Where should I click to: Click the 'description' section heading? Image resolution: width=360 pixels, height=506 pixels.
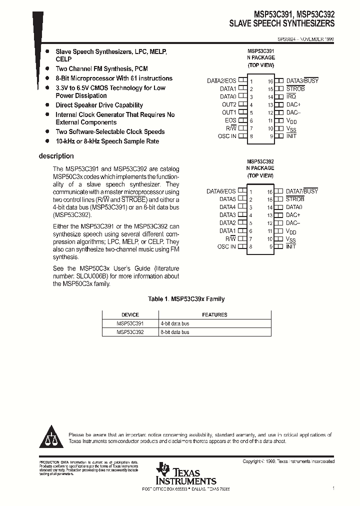56,156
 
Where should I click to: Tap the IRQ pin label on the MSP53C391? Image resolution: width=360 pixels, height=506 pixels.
291,96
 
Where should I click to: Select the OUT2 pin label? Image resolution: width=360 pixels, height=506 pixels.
229,104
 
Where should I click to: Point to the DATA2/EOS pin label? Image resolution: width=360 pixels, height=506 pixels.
221,80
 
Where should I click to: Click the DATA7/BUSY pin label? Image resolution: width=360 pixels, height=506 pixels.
302,191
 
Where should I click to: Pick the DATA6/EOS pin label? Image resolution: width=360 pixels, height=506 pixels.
221,191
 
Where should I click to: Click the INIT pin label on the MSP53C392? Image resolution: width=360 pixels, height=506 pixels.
291,246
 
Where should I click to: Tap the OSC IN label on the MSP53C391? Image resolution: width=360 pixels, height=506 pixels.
226,136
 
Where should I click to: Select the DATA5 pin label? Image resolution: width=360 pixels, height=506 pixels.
227,199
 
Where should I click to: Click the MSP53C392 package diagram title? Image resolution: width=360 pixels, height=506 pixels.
260,162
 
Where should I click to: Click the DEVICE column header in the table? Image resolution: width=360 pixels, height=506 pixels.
130,314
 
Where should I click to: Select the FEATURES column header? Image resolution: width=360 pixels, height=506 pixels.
214,314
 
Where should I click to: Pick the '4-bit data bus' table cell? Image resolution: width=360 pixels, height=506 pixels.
175,323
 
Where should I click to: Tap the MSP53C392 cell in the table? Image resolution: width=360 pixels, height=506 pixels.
130,332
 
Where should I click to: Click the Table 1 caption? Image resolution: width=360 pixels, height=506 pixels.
186,299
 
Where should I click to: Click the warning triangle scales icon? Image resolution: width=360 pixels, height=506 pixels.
50,438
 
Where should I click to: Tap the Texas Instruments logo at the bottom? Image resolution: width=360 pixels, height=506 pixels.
186,473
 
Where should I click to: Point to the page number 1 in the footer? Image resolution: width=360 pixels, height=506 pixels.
333,487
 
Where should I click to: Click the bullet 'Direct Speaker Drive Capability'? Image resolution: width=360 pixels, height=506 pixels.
99,105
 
